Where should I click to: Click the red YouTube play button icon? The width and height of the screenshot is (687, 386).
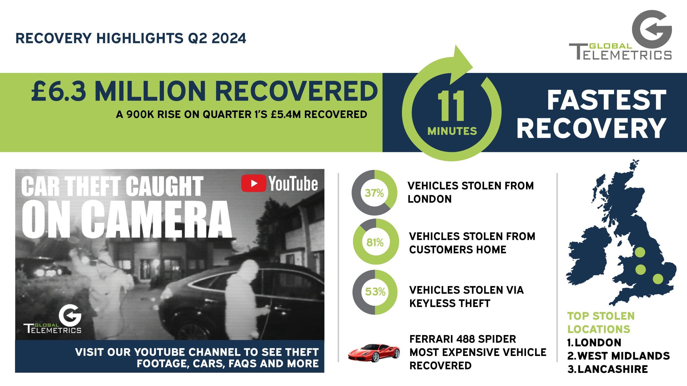click(254, 183)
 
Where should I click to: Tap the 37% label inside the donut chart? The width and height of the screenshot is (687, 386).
click(374, 193)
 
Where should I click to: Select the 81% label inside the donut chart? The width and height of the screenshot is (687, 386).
click(375, 243)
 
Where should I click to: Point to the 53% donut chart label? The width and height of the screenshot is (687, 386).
click(375, 292)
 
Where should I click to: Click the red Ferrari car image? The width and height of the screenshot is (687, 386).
click(374, 353)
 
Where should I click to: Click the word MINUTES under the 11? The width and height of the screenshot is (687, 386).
click(452, 131)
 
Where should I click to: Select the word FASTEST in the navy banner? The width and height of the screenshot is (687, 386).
click(607, 100)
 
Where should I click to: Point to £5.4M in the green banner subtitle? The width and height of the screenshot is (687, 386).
click(286, 114)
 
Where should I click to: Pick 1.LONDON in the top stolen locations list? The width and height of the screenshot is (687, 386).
click(594, 343)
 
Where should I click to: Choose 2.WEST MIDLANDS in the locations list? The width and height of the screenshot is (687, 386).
click(619, 356)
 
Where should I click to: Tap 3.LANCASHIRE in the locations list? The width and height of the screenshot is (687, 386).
click(608, 369)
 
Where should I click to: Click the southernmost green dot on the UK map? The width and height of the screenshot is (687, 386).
click(658, 279)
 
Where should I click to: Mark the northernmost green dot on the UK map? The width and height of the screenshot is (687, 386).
click(640, 252)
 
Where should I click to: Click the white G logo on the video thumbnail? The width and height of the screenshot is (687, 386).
click(70, 315)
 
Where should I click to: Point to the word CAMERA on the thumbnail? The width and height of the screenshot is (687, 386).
click(157, 219)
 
